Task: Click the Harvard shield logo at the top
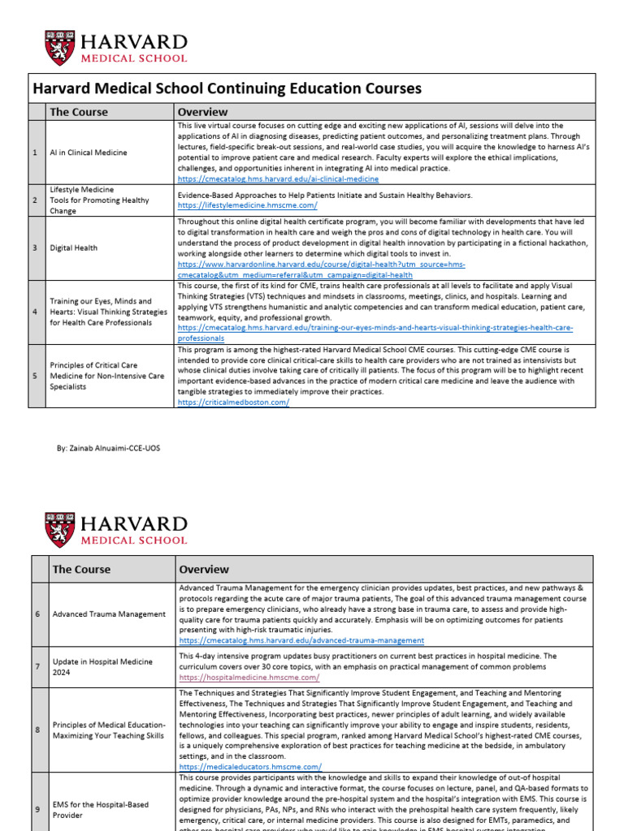point(58,48)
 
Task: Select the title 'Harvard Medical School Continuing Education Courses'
point(226,88)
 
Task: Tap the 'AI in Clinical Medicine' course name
point(86,153)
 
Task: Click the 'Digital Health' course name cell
point(75,248)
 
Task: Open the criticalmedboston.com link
point(233,402)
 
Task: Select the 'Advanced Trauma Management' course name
point(109,614)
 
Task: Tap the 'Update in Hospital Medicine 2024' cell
point(98,667)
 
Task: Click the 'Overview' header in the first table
point(202,112)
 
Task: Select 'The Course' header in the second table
point(81,569)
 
